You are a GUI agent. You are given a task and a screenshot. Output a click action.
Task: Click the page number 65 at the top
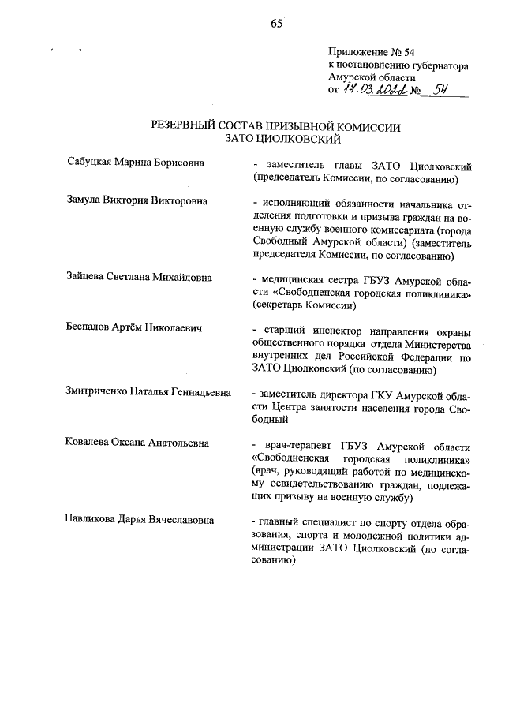coord(276,23)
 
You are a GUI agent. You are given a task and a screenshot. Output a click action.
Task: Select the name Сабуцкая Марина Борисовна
coord(136,163)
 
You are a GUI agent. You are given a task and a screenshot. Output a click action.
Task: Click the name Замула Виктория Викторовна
coord(137,200)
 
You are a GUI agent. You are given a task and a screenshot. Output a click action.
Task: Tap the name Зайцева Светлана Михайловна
coord(140,278)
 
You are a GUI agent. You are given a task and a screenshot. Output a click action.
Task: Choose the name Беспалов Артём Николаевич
coord(133,328)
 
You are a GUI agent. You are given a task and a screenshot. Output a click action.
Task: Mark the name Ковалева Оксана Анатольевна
coord(137,443)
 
